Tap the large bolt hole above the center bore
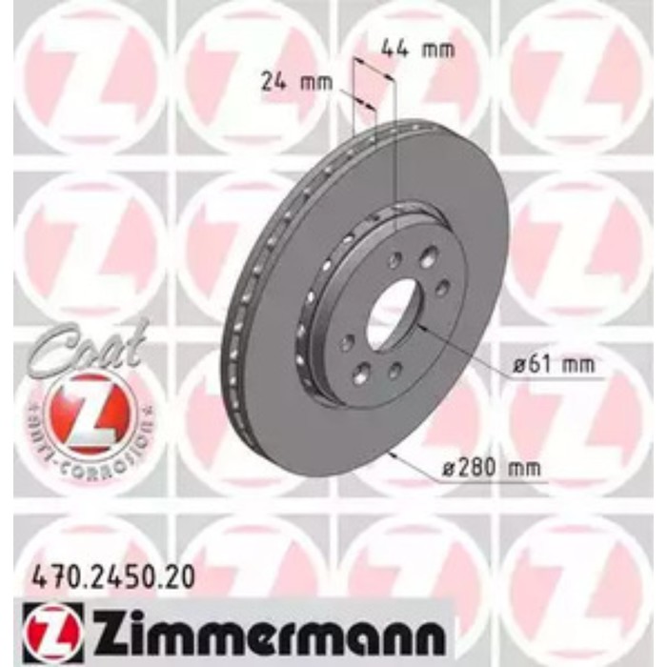428,255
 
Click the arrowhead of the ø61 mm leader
420,329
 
